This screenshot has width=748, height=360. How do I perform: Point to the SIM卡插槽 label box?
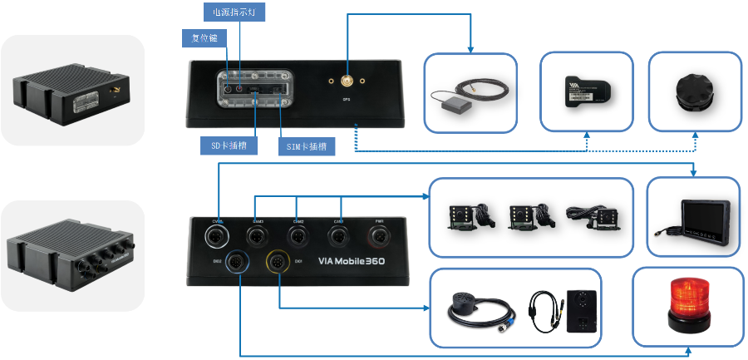point(304,147)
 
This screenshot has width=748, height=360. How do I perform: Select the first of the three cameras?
point(465,215)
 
